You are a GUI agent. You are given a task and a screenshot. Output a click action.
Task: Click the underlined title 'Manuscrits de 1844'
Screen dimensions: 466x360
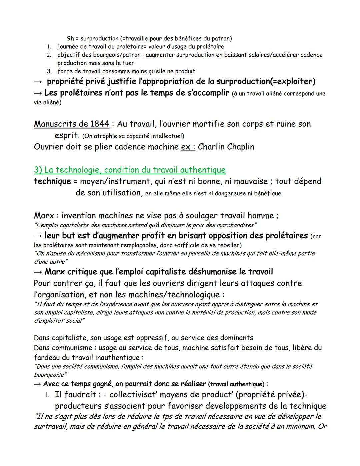click(71, 124)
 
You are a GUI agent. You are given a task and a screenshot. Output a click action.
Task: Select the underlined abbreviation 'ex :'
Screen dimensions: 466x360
click(188, 147)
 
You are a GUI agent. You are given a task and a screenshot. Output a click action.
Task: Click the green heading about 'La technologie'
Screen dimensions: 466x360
click(130, 170)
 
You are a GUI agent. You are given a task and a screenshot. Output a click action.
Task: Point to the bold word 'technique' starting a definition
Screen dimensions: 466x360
click(52, 181)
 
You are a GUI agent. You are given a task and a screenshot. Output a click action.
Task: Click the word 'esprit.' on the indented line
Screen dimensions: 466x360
click(67, 136)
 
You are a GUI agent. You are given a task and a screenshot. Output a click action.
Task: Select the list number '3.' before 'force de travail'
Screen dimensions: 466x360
click(49, 71)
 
